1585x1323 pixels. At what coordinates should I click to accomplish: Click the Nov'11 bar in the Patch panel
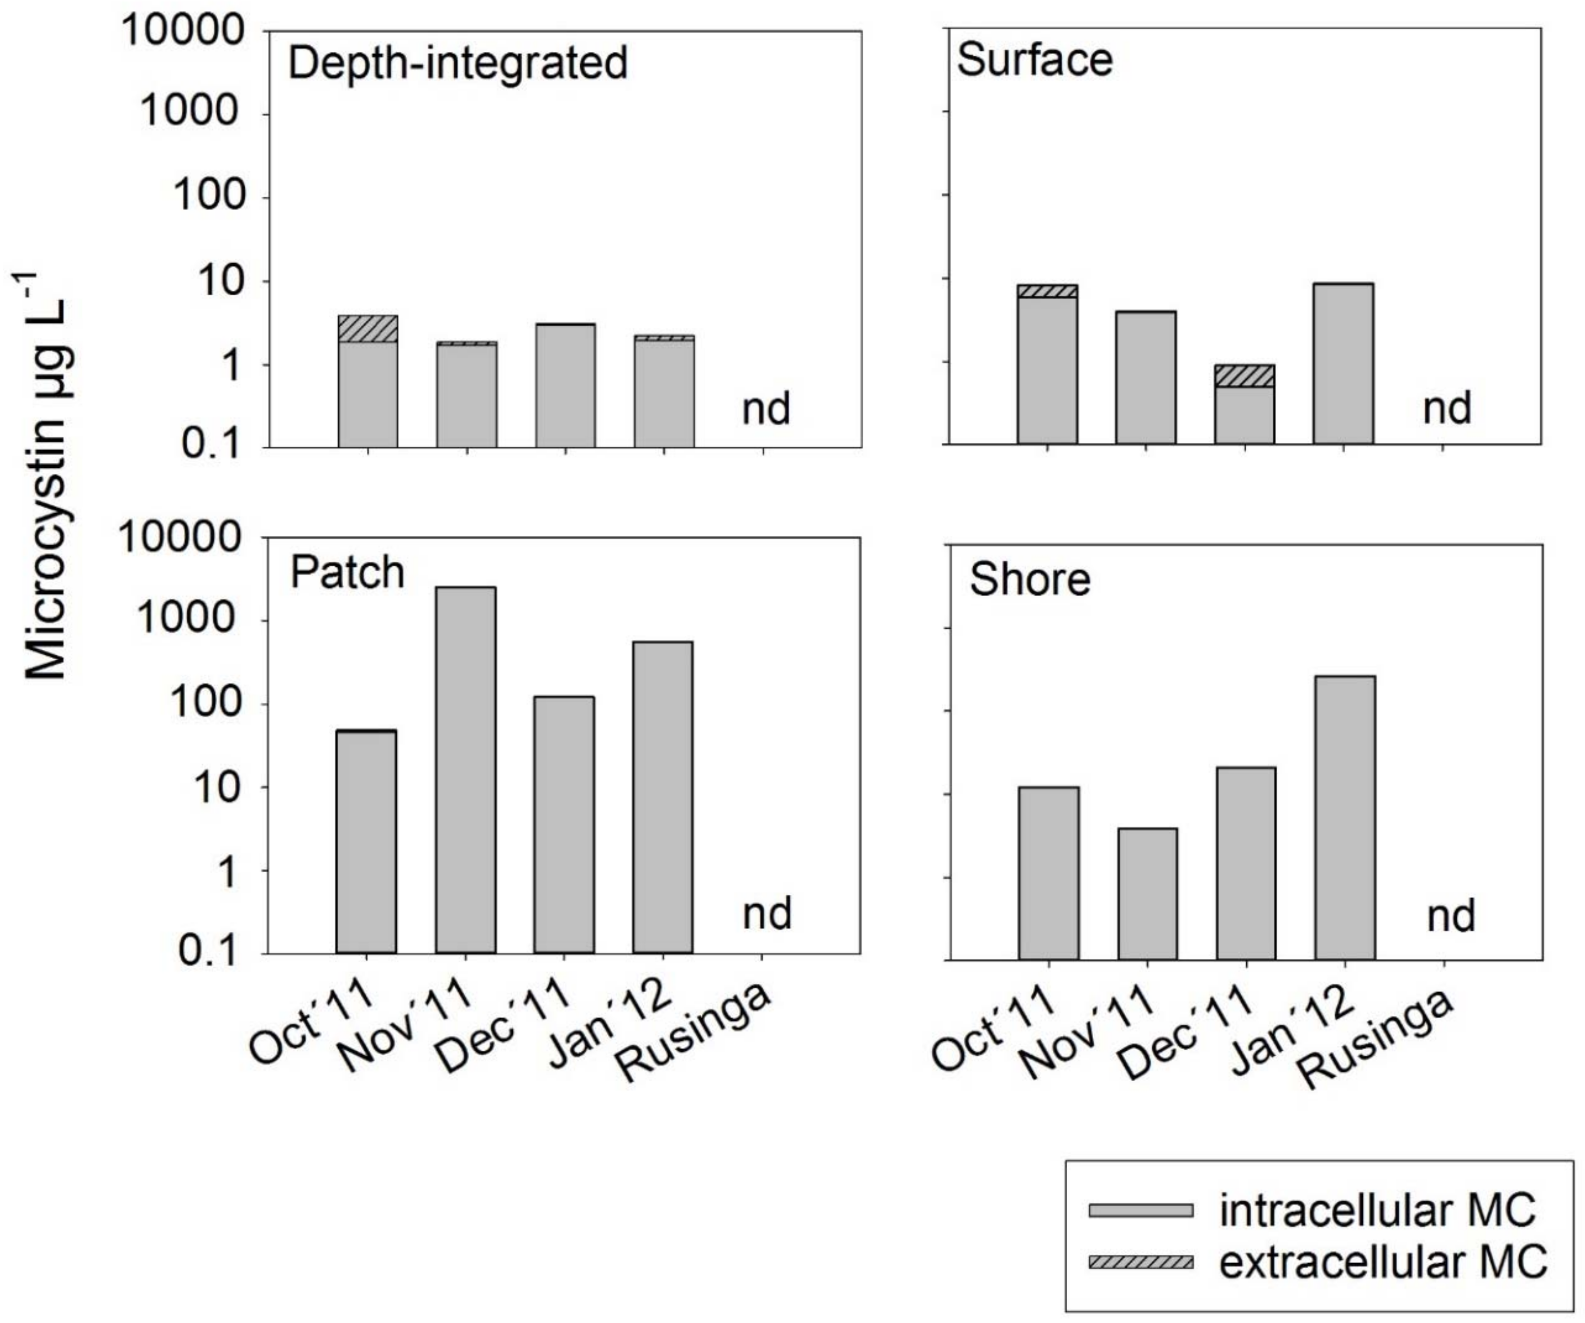point(466,770)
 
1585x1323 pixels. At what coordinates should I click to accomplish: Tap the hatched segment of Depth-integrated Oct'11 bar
point(368,328)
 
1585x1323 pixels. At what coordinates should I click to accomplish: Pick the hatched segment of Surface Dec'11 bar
point(1245,376)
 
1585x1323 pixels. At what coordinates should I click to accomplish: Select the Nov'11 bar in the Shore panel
point(1147,894)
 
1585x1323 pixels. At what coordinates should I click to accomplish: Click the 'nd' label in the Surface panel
point(1447,408)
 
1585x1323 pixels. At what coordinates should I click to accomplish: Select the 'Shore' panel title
point(1030,580)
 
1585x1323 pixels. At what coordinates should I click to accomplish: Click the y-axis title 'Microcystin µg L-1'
point(47,476)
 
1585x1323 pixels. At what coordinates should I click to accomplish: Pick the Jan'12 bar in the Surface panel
point(1343,363)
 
